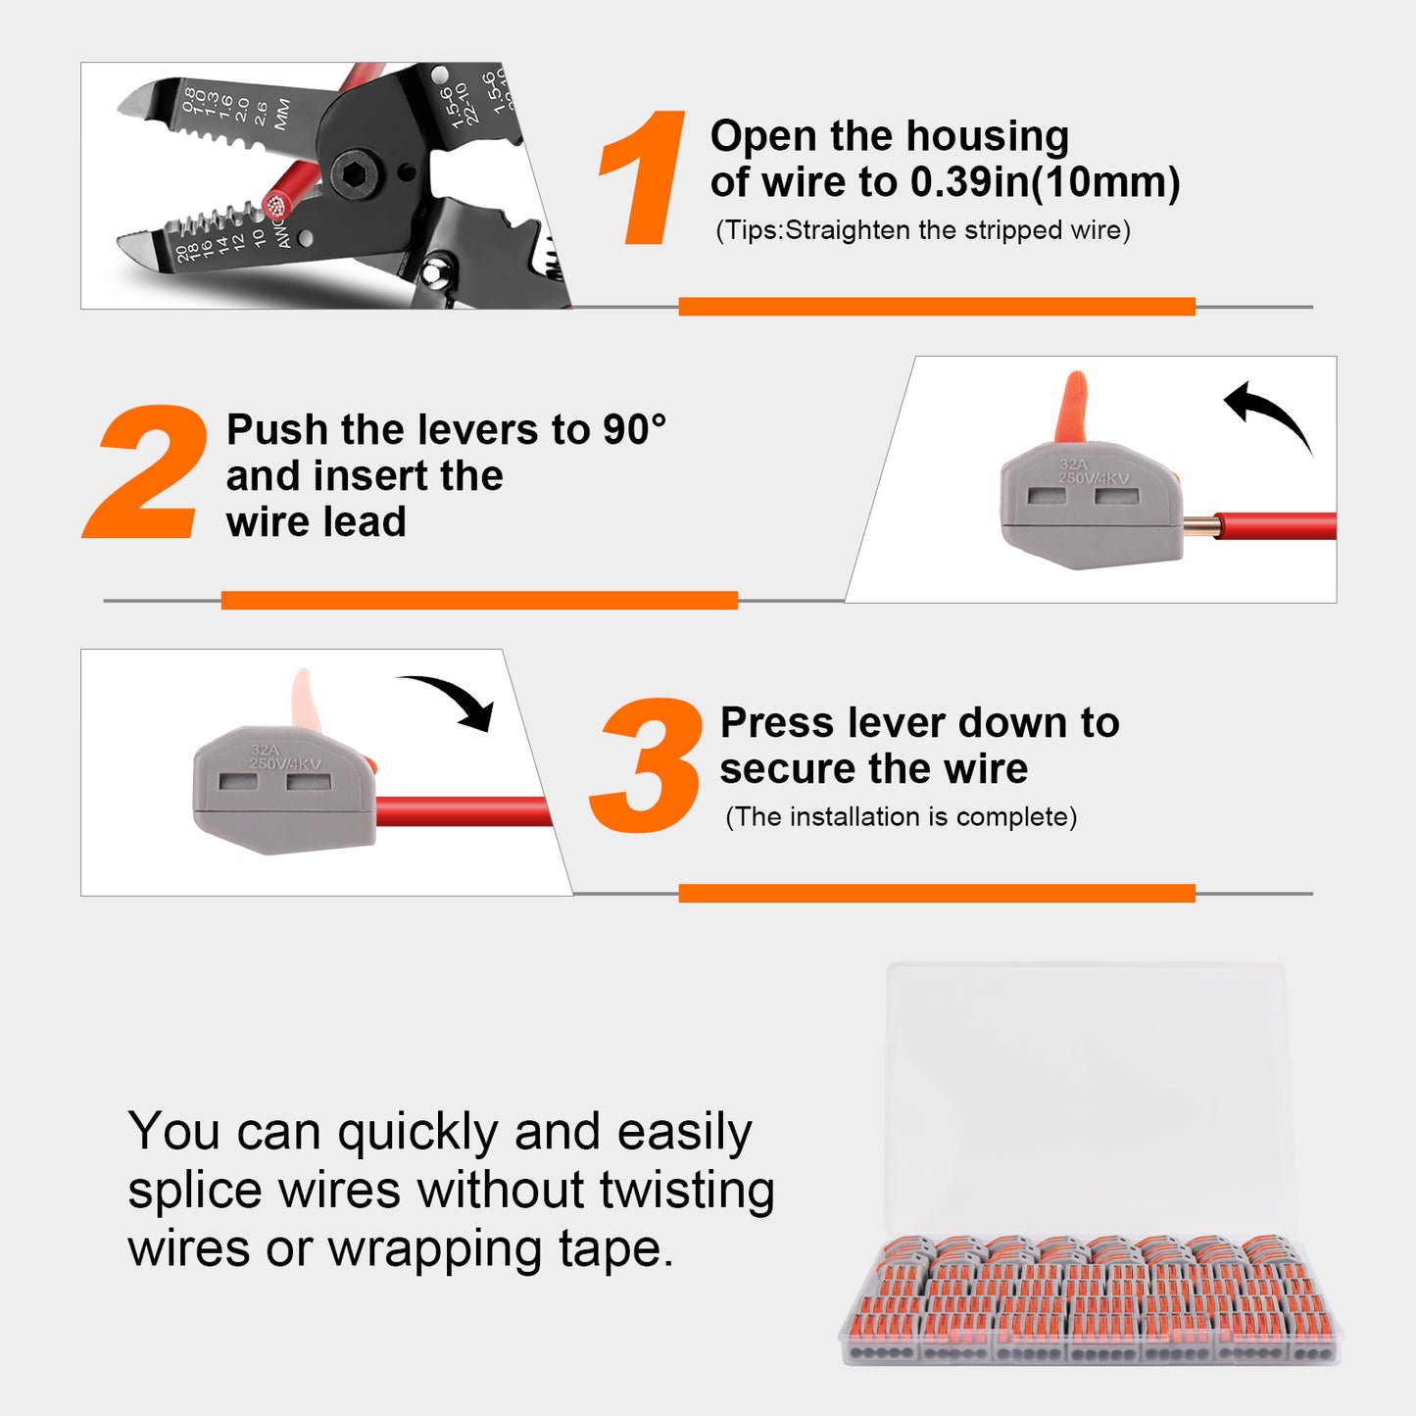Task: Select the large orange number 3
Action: point(648,765)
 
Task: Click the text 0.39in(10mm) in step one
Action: point(1045,182)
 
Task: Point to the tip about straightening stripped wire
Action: point(922,230)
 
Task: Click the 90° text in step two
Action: point(634,430)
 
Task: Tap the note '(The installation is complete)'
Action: point(901,817)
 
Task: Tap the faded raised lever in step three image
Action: point(305,700)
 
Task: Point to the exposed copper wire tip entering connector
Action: point(1200,527)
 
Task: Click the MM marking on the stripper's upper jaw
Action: point(282,114)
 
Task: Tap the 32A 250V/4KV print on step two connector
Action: point(1093,471)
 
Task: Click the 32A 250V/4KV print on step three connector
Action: point(284,757)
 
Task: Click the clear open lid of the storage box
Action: point(1088,1098)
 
